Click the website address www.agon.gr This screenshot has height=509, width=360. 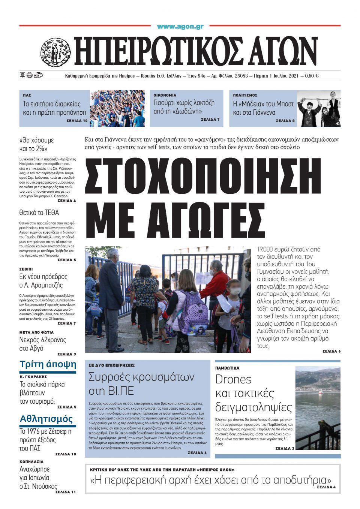tap(180, 27)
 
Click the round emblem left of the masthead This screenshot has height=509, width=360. tap(55, 52)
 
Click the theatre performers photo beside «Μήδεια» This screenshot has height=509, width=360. tap(318, 108)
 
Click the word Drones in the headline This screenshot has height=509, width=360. tap(233, 379)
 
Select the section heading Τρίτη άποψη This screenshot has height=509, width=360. tap(48, 364)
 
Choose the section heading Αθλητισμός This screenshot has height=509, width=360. tap(46, 418)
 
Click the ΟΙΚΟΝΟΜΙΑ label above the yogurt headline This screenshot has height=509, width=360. tap(165, 95)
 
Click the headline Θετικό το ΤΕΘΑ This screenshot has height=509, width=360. tap(39, 213)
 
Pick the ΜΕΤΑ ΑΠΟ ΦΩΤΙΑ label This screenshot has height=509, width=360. tap(36, 332)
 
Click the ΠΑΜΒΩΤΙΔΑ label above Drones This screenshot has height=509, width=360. tap(227, 368)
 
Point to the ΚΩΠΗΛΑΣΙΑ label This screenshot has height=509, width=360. tap(31, 462)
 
